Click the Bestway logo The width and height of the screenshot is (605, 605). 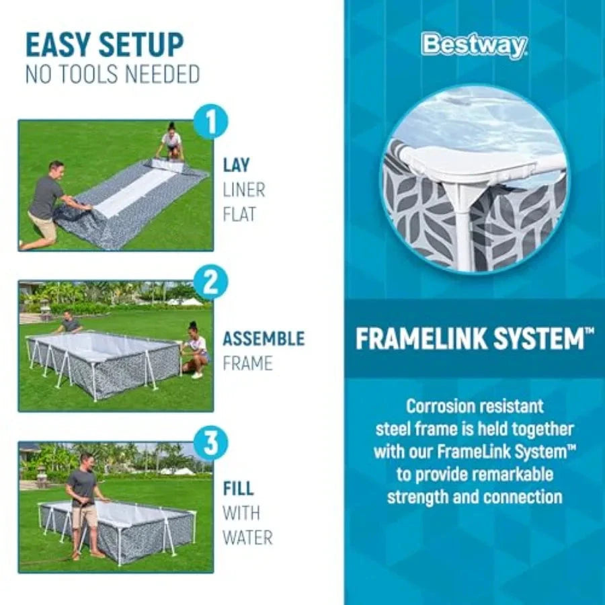coord(474,46)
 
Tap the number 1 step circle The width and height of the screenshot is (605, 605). coord(210,123)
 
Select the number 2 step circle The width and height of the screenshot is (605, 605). coord(210,283)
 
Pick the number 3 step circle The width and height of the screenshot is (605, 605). coord(210,444)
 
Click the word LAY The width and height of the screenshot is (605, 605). coord(237,165)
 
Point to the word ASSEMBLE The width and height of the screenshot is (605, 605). coord(264,338)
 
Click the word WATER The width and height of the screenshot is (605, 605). coord(247,538)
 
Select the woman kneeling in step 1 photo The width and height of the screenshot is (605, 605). coord(172,142)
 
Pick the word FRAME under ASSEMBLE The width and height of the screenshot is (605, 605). coord(247,364)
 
